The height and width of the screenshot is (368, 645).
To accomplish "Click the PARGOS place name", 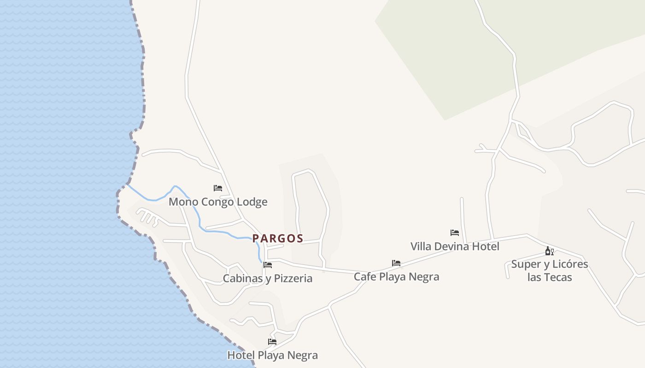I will [277, 238].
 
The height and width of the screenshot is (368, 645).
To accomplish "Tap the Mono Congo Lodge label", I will [218, 202].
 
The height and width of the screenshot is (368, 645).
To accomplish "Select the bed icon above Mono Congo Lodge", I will [218, 188].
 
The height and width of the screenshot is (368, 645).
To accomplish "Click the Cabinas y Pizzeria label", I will [267, 278].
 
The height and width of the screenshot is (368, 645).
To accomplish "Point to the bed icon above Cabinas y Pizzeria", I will [268, 265].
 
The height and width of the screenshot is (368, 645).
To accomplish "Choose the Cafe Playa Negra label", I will [396, 276].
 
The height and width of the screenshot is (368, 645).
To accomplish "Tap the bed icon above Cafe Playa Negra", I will [396, 263].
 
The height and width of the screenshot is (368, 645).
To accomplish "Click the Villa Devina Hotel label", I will [455, 246].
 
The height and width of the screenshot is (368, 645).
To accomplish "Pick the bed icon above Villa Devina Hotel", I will [455, 233].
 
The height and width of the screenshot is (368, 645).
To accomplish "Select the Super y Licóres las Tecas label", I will [550, 270].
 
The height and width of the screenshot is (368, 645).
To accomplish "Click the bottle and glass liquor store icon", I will [549, 251].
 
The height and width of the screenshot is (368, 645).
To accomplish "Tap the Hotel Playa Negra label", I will [272, 355].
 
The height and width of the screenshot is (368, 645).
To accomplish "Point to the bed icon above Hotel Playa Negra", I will [272, 342].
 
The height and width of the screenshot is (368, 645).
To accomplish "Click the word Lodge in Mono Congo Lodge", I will [252, 202].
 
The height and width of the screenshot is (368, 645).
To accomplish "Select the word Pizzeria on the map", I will [293, 278].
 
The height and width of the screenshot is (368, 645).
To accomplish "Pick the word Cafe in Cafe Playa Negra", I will [365, 276].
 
